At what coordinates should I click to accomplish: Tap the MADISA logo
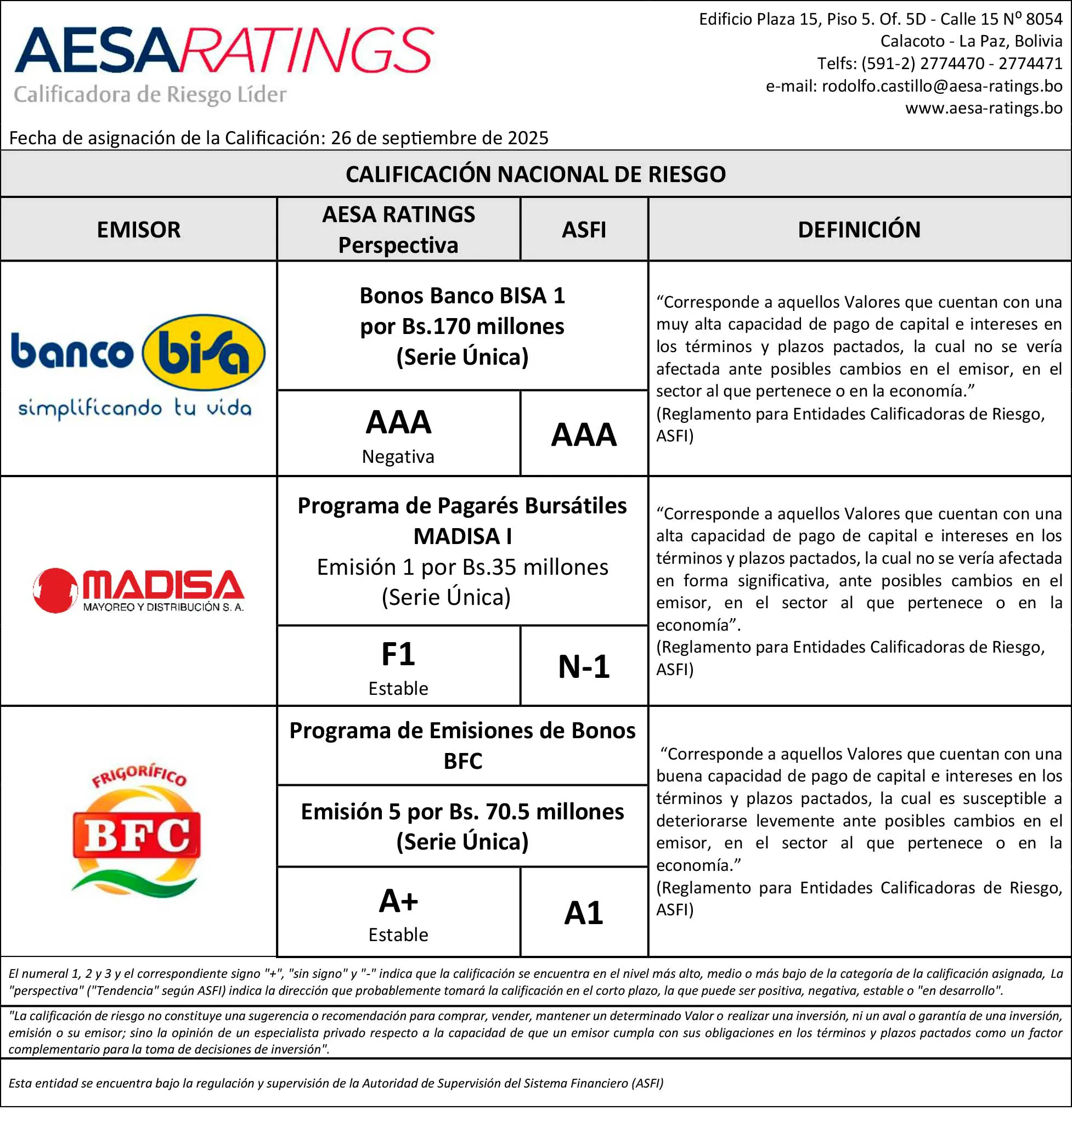(138, 591)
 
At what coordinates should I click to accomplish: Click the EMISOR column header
(138, 230)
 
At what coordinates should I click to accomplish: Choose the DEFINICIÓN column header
(859, 230)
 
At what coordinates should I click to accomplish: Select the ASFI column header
(584, 230)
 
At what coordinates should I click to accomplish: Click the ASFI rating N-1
(584, 666)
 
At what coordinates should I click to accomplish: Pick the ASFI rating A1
(584, 913)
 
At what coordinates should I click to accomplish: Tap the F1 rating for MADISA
(398, 654)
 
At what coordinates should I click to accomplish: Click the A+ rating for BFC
(398, 901)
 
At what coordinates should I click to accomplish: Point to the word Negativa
(398, 457)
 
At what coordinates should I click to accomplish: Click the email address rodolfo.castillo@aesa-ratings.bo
(941, 86)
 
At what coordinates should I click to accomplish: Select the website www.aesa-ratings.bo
(983, 108)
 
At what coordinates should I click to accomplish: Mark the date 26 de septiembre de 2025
(439, 138)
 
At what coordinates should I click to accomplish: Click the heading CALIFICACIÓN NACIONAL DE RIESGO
(535, 174)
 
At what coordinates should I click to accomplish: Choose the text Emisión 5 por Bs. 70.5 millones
(462, 812)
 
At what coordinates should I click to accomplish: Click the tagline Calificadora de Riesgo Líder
(150, 94)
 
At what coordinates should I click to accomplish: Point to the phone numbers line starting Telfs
(940, 63)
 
